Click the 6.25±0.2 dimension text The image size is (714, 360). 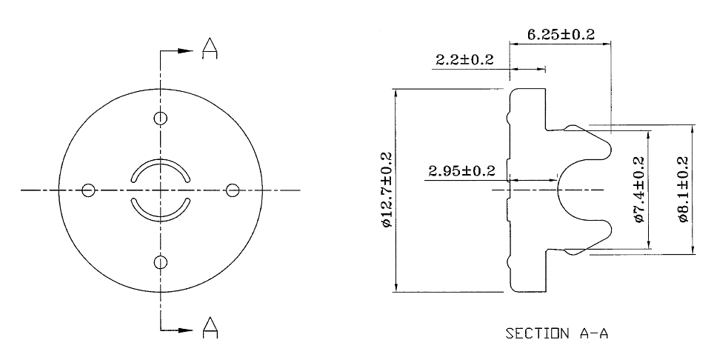point(561,35)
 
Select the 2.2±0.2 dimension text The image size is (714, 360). point(464,60)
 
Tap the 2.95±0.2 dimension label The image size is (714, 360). point(461,171)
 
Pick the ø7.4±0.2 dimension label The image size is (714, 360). point(639,190)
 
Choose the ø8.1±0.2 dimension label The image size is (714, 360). point(682,190)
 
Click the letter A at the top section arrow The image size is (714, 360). point(210,49)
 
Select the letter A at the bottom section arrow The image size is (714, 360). point(210,326)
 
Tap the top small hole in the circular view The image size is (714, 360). point(161,119)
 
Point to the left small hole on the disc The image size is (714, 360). point(89,190)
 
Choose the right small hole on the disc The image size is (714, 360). point(233,190)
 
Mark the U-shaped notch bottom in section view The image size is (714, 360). point(558,190)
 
